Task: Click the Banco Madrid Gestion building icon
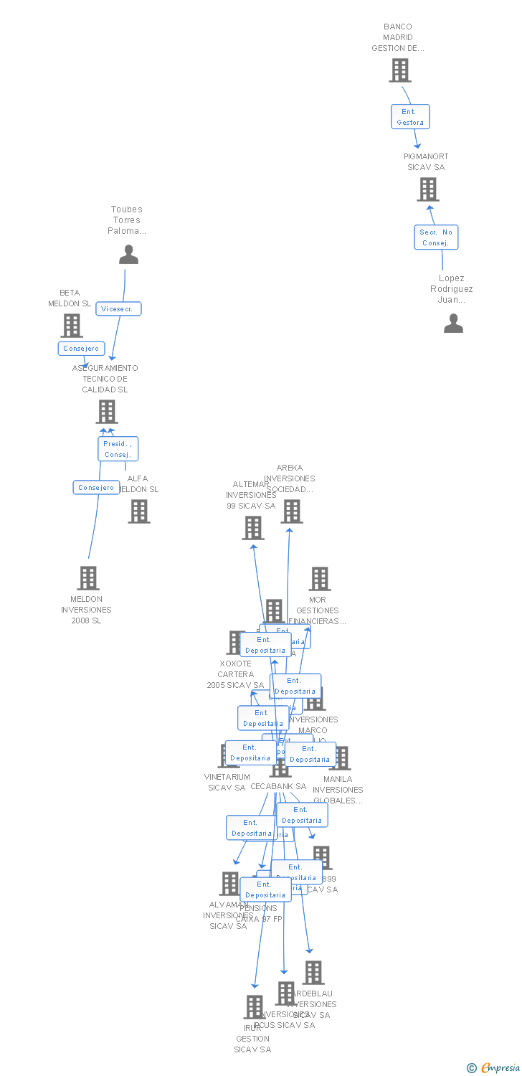pos(399,70)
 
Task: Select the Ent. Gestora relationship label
pos(410,117)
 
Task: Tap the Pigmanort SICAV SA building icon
pos(427,189)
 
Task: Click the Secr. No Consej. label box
pos(435,237)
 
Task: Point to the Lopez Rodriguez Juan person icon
pos(453,324)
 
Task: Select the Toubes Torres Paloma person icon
pos(128,255)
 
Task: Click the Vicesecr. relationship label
pos(118,308)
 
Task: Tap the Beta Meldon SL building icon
pos(71,326)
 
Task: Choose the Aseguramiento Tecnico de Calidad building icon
pos(106,412)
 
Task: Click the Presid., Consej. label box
pos(118,449)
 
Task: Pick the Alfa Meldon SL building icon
pos(139,511)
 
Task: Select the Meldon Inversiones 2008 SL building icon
pos(87,578)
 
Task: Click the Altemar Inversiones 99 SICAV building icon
pos(252,528)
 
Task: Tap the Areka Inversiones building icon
pos(291,511)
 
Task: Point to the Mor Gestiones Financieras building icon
pos(319,579)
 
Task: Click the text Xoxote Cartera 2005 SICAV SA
pos(235,674)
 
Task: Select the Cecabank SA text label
pos(278,786)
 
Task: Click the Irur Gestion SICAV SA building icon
pos(253,1007)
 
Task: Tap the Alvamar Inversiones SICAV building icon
pos(229,883)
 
